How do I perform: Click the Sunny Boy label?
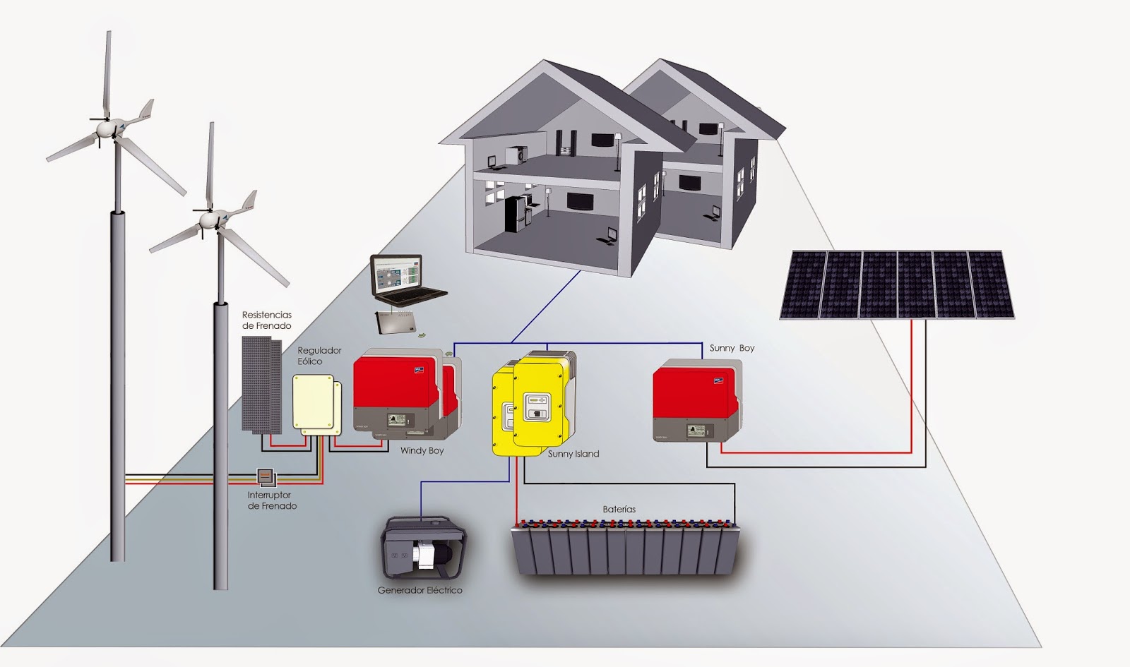[x=732, y=348]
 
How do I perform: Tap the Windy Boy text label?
[x=422, y=450]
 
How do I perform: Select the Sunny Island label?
[x=573, y=454]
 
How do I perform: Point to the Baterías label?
[x=619, y=509]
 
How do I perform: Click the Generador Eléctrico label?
[x=420, y=590]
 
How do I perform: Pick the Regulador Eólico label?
[x=319, y=356]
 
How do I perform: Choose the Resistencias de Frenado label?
[x=266, y=320]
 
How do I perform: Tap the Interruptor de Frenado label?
[x=271, y=500]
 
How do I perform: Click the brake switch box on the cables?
[x=265, y=477]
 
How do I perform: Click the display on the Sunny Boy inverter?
[x=697, y=430]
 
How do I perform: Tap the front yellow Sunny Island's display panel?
[x=536, y=405]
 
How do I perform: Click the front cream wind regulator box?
[x=312, y=402]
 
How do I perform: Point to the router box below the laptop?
[x=396, y=323]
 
